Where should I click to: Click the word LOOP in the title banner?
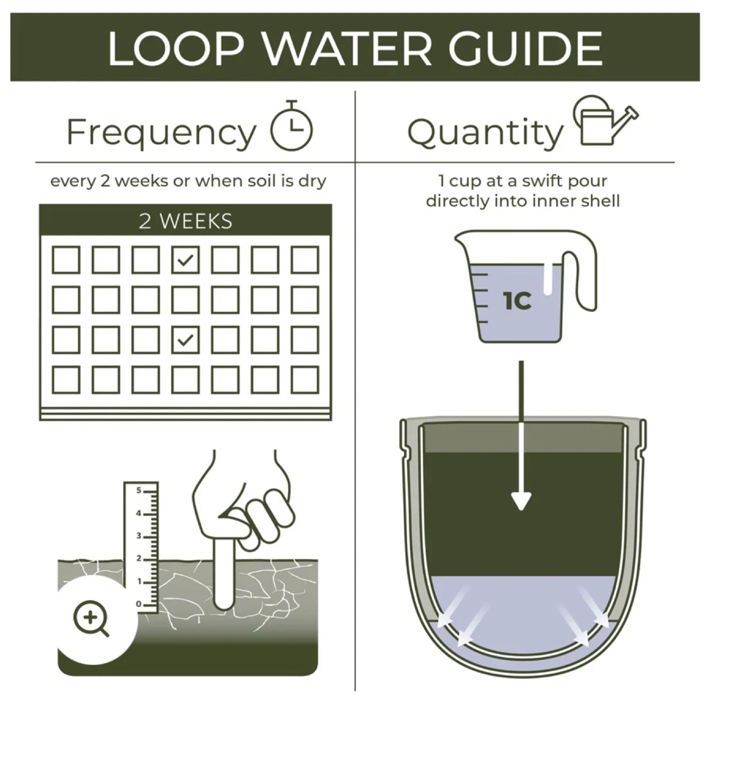(176, 48)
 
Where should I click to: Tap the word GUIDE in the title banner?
(526, 48)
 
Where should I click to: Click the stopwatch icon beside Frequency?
(292, 125)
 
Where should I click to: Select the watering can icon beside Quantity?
(605, 120)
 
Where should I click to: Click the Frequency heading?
(161, 133)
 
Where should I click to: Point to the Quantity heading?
(486, 133)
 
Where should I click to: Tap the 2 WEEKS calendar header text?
(185, 221)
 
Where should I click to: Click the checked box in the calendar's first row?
(185, 260)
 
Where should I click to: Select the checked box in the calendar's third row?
(185, 340)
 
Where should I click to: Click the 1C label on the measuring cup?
(517, 301)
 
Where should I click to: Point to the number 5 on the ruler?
(139, 491)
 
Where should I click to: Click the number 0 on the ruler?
(139, 604)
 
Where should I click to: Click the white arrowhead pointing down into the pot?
(521, 501)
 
